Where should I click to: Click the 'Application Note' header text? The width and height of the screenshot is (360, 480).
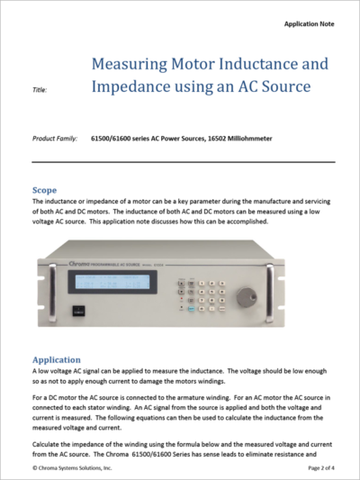(310, 23)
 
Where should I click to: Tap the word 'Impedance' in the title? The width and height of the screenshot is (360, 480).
(134, 87)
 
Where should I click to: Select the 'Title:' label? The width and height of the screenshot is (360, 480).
(41, 90)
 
